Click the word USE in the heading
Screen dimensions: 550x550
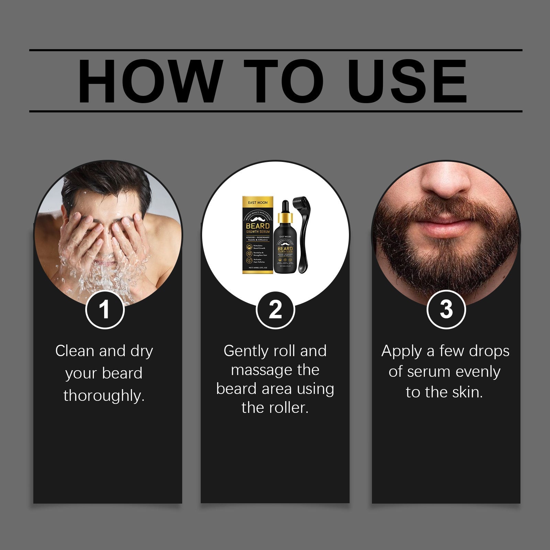tap(409, 81)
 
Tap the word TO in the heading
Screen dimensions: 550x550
tap(284, 81)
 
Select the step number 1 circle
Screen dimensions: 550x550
tap(104, 309)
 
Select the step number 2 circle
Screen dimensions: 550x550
tap(275, 309)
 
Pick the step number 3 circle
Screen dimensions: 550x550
tap(446, 309)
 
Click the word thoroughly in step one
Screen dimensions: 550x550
tap(104, 396)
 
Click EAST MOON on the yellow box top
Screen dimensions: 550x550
tap(258, 202)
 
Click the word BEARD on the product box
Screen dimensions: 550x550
tap(258, 226)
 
